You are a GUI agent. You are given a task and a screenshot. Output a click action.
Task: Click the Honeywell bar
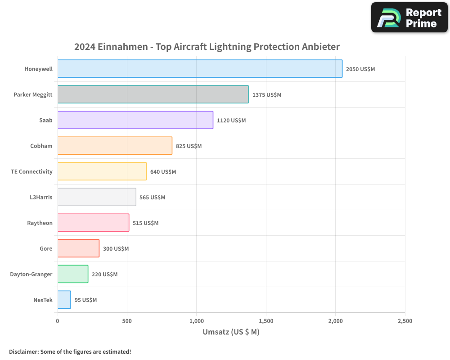coord(200,69)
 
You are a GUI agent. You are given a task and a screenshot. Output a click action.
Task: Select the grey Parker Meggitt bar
coord(153,94)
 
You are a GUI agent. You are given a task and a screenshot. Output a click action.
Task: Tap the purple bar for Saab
coord(135,120)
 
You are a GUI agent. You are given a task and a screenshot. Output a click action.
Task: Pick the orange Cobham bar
coord(115,146)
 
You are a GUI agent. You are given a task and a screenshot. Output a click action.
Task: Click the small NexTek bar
coord(64,300)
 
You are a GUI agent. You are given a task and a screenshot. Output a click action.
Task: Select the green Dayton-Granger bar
coord(73,274)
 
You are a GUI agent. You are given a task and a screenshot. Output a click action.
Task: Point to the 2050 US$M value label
coord(360,69)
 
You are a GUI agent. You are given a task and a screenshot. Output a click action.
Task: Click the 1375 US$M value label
coord(266,95)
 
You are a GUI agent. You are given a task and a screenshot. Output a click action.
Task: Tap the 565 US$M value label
coord(152,198)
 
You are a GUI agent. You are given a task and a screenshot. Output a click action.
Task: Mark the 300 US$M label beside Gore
coord(116,249)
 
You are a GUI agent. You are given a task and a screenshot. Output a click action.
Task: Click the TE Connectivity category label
coord(31,171)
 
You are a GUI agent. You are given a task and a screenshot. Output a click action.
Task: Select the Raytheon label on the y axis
coord(40,223)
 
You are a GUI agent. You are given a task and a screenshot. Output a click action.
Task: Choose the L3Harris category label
coord(40,197)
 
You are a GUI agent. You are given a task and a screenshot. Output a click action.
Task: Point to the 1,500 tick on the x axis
coord(266,321)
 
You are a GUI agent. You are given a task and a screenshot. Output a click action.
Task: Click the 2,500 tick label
coord(405,321)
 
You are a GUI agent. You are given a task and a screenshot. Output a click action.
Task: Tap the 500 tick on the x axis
coord(127,321)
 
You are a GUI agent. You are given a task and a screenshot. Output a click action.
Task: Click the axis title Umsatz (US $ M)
coord(231,332)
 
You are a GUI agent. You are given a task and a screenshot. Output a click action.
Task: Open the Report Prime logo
coord(409,18)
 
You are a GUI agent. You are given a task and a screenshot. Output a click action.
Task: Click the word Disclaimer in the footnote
coord(23,351)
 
